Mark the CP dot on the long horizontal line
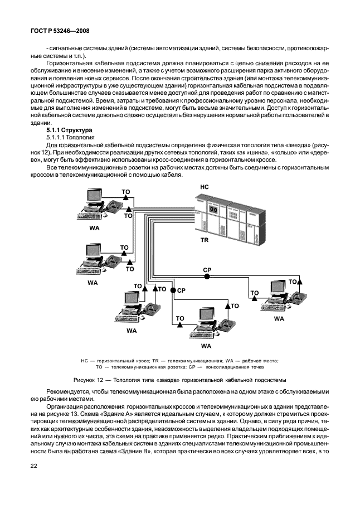tap(207, 277)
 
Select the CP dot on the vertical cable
tap(173, 290)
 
